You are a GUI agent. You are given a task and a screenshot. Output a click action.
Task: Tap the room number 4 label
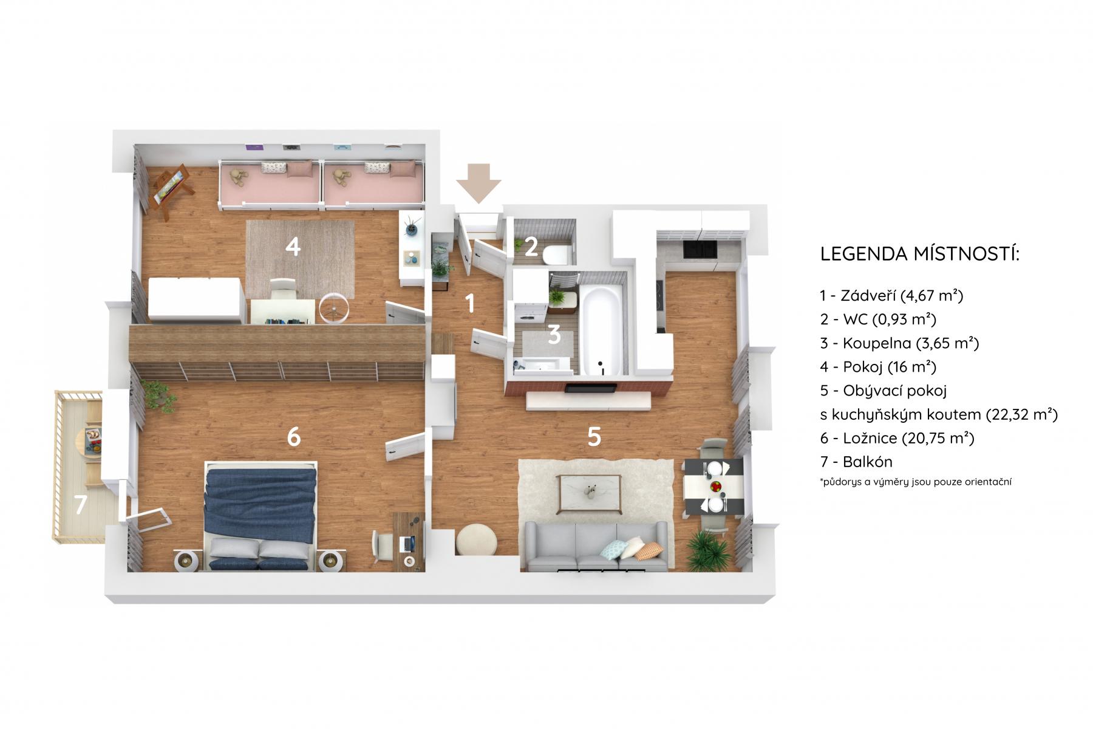click(x=293, y=247)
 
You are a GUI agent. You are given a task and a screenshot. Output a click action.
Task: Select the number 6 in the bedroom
click(x=294, y=436)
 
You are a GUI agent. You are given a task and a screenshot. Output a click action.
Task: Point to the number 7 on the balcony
click(x=80, y=504)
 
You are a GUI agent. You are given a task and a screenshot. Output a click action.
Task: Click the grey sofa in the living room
click(x=597, y=547)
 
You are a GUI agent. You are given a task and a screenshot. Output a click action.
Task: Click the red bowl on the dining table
click(x=717, y=487)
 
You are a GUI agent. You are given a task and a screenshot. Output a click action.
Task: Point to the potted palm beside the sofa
click(x=709, y=548)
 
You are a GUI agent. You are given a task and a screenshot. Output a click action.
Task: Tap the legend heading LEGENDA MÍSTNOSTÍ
click(x=920, y=254)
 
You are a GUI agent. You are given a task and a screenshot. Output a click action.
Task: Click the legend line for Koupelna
click(x=899, y=343)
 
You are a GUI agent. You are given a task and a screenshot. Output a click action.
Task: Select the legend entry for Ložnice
click(x=897, y=438)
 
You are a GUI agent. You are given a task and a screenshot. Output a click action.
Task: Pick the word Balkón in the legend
click(x=867, y=462)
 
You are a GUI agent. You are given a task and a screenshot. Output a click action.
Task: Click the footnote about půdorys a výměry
click(x=915, y=482)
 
